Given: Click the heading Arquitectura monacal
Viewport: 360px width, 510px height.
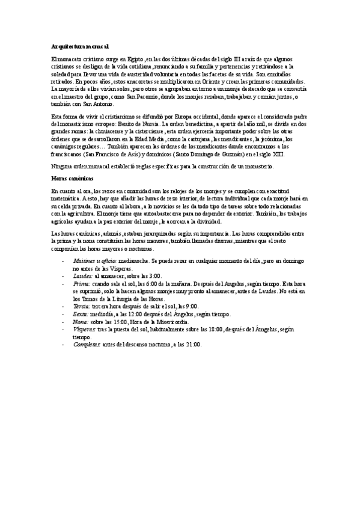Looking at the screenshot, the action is (79, 46).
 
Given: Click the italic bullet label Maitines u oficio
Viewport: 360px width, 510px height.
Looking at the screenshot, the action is (96, 262).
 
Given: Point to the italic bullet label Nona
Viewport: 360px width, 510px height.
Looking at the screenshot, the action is (80, 322).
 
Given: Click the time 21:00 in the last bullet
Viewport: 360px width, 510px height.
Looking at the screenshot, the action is (194, 344).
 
